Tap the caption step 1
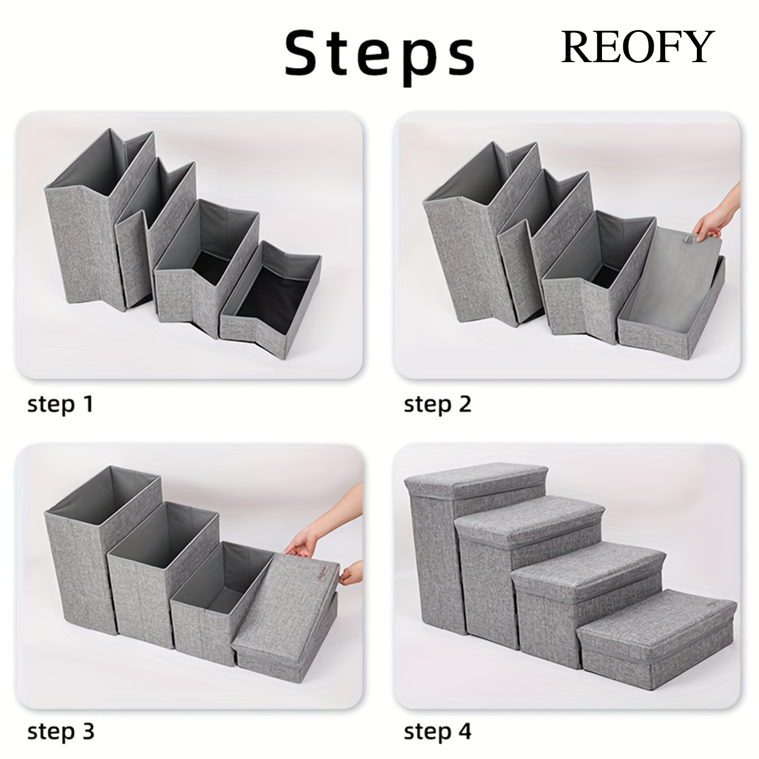pyautogui.click(x=60, y=404)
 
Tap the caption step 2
pyautogui.click(x=437, y=404)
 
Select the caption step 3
pyautogui.click(x=61, y=731)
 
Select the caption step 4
pyautogui.click(x=437, y=731)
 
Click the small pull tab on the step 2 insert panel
pyautogui.click(x=685, y=241)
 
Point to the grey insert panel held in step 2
pyautogui.click(x=678, y=280)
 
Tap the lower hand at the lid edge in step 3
pyautogui.click(x=352, y=576)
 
